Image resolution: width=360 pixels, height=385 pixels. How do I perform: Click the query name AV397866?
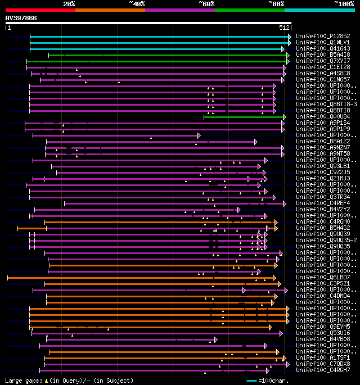pos(21,18)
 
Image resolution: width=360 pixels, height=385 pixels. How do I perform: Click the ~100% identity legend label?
pos(344,3)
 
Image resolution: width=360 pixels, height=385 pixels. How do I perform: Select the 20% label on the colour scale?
pos(69,3)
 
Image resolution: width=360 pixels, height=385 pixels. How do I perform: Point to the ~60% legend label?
pos(206,3)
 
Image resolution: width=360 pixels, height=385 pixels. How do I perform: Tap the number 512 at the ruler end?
pos(284,27)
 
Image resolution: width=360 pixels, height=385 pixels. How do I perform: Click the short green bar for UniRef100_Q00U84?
pos(244,116)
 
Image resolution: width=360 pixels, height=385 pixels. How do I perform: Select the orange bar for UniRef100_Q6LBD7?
pos(141,278)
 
